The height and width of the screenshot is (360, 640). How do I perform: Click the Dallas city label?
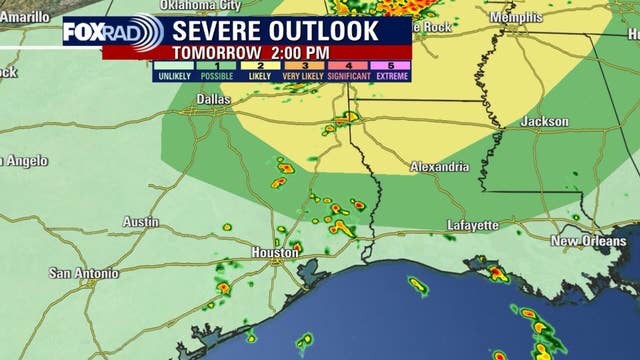(x=213, y=99)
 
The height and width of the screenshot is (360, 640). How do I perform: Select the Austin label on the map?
(x=141, y=221)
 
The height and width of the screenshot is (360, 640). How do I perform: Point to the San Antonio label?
(x=84, y=273)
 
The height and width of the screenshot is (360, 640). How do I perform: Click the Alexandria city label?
(x=439, y=167)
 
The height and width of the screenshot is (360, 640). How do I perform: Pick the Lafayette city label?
(x=472, y=225)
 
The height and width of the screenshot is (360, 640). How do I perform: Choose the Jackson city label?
(x=545, y=121)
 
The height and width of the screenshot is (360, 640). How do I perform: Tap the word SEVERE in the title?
(x=220, y=30)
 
